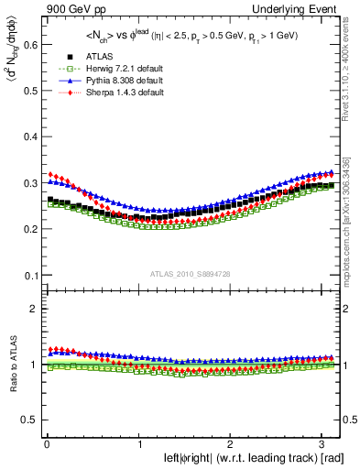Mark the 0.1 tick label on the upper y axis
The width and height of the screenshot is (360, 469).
click(x=29, y=276)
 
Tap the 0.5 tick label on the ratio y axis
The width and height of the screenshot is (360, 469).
click(x=29, y=420)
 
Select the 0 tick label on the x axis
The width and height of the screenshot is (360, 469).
click(x=46, y=444)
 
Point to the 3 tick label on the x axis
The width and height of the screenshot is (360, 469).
click(x=324, y=444)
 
